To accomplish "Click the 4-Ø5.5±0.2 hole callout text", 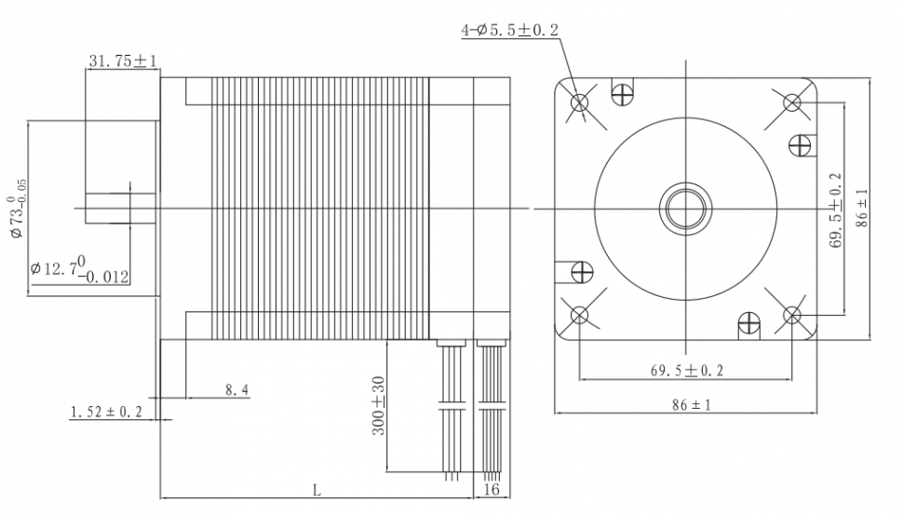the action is (509, 30).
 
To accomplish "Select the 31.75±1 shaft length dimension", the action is (123, 61).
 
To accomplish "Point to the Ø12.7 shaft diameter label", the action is (79, 269).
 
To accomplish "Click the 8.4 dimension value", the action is (236, 390).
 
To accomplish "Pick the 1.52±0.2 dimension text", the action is (106, 412).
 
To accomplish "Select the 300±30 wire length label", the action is (378, 406).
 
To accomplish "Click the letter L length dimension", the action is (317, 491).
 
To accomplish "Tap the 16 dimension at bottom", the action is (492, 490).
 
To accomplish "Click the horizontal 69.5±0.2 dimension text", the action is (686, 371).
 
